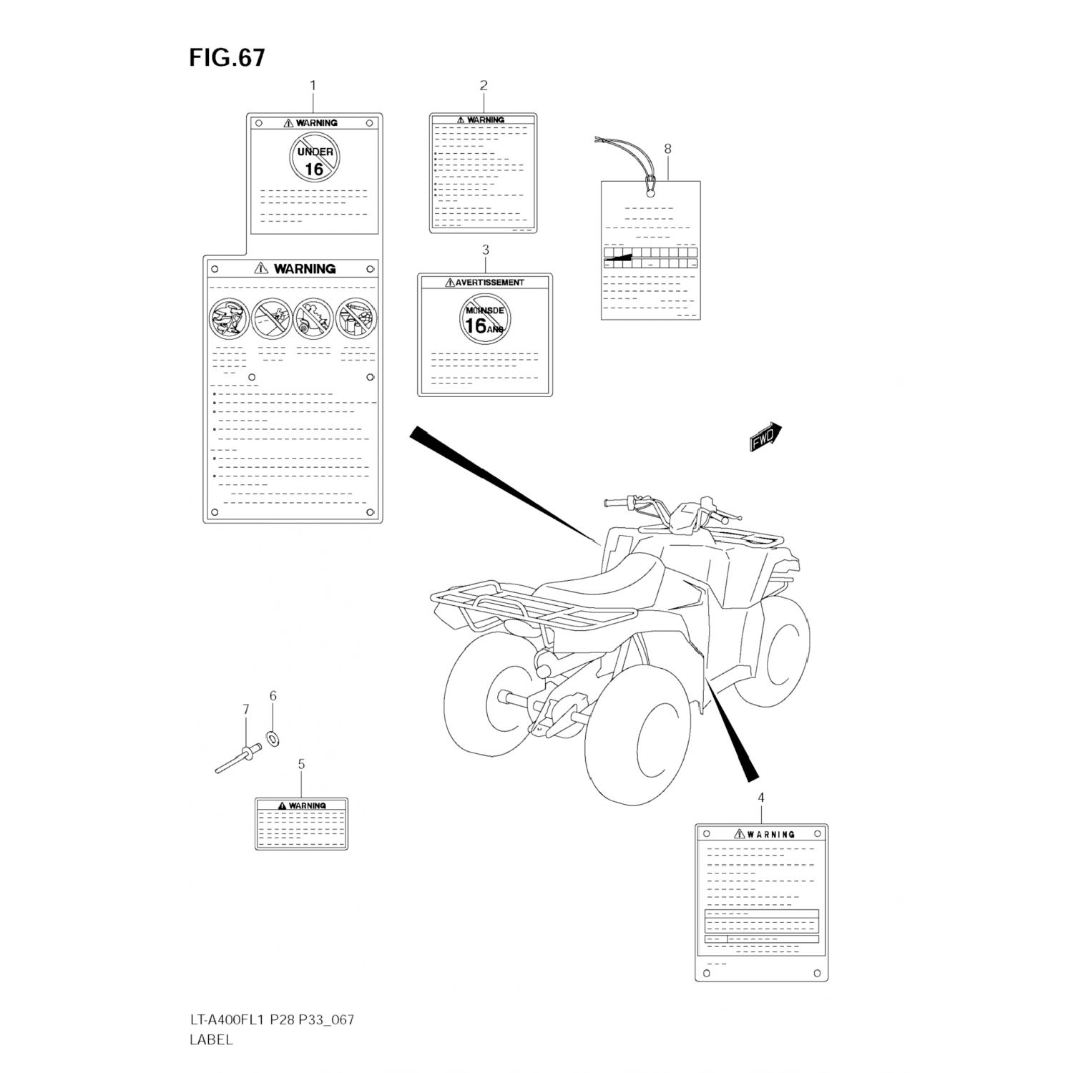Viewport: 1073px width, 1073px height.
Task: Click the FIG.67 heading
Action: [x=227, y=57]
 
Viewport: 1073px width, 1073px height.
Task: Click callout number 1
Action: [x=313, y=85]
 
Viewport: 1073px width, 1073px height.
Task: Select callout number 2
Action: [x=484, y=85]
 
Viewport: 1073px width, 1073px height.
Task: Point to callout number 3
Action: [x=486, y=250]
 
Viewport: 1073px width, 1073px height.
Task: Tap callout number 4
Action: [x=761, y=798]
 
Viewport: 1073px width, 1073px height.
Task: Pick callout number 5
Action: [x=301, y=765]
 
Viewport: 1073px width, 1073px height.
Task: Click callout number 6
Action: [x=273, y=695]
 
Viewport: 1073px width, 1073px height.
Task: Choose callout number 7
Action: [x=245, y=710]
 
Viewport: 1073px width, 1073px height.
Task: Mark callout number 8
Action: [x=667, y=149]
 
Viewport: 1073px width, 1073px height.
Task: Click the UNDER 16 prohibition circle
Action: [x=315, y=159]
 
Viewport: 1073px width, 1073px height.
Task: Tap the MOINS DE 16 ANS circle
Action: [x=485, y=318]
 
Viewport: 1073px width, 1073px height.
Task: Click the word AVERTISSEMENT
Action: [x=489, y=283]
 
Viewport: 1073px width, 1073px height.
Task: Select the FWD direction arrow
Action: [x=765, y=436]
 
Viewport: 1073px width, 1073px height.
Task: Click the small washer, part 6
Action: [x=273, y=737]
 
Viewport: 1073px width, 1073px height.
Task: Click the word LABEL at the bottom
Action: [x=211, y=1040]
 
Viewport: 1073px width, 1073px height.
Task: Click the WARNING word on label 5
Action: [x=307, y=805]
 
